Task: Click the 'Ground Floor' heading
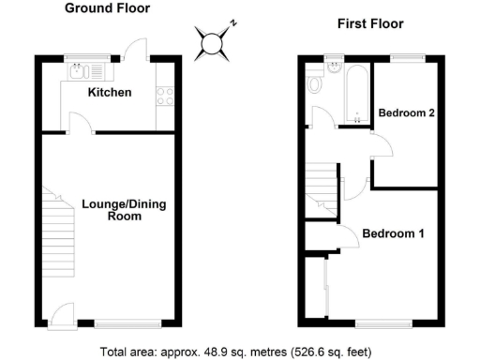coord(106,8)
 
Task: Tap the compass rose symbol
coord(213,42)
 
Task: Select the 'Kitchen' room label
coord(110,93)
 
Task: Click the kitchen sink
coord(78,69)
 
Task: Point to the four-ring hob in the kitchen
coord(166,94)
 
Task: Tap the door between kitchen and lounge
coord(81,124)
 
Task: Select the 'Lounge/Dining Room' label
coord(112,210)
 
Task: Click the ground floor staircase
coord(57,230)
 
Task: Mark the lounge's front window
coord(120,323)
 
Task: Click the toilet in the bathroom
coord(316,85)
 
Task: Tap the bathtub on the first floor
coord(356,94)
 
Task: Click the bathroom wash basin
coord(336,67)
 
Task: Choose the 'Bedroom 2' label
coord(406,114)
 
